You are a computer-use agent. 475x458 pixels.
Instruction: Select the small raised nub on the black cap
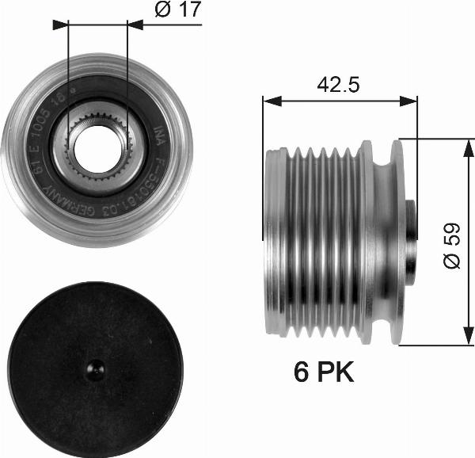click(94, 367)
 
